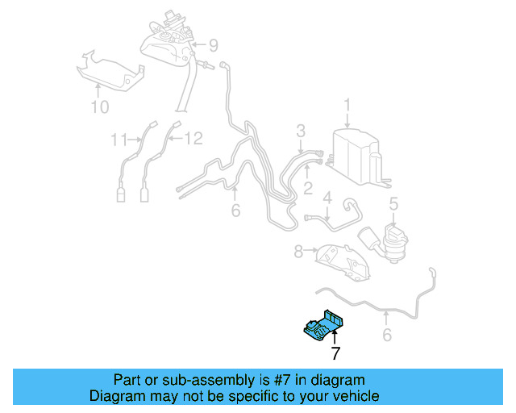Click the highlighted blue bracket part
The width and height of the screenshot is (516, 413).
coord(323,327)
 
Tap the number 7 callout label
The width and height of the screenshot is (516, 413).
coord(335,353)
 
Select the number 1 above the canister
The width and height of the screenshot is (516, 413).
coord(347,105)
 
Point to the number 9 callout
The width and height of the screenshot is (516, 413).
coord(213,44)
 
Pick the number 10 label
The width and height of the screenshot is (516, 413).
coord(98,106)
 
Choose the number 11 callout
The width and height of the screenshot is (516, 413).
coord(119,140)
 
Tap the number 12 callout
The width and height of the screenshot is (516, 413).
coord(193,140)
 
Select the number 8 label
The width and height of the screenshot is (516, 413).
coord(298,252)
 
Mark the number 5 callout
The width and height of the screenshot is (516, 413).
coord(393,205)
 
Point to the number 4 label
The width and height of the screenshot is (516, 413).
coord(327,197)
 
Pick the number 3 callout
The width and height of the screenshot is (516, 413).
coord(300,131)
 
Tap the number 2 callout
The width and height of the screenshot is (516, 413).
coord(307,189)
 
